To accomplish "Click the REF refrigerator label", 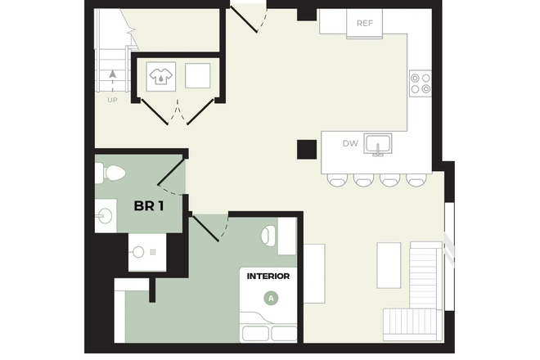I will [365, 23].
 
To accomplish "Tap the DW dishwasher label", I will [350, 144].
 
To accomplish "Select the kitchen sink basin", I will [378, 145].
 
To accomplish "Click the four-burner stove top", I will [420, 83].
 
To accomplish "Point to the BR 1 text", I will [149, 205].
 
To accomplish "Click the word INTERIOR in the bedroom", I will [268, 277].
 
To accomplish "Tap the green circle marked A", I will [271, 298].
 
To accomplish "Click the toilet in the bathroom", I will [110, 173].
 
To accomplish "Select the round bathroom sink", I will [106, 216].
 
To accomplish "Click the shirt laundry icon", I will [159, 76].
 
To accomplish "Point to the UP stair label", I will [112, 100].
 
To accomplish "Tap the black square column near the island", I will [307, 149].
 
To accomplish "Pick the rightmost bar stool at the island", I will [416, 179].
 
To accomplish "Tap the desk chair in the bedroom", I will [268, 236].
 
